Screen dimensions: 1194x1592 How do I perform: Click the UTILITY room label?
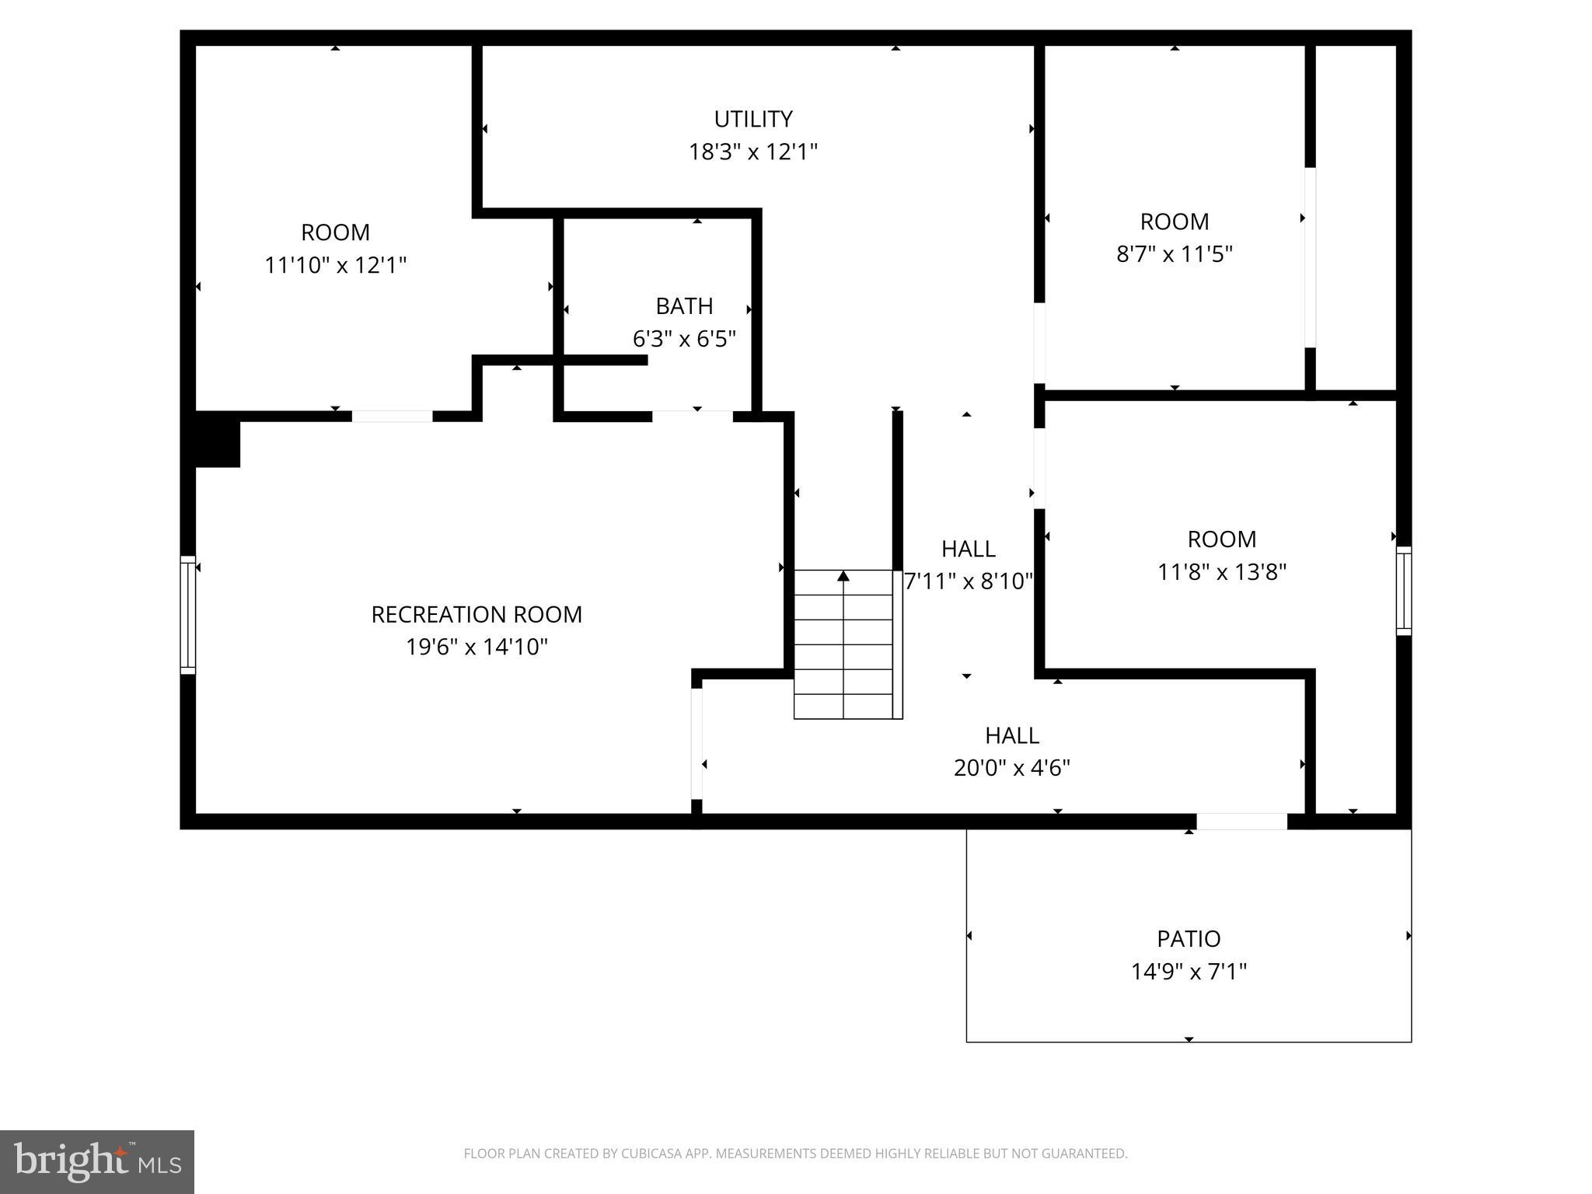click(752, 119)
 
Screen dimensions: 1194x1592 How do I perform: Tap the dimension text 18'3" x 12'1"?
click(752, 152)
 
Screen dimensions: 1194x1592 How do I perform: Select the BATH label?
click(684, 306)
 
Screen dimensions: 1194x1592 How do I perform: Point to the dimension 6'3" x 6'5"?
click(684, 339)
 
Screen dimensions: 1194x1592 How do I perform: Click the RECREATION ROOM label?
click(476, 615)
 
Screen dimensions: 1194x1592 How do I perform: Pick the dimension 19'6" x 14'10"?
click(476, 647)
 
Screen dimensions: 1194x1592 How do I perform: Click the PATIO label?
click(1188, 939)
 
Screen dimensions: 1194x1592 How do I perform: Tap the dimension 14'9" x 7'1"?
click(1188, 972)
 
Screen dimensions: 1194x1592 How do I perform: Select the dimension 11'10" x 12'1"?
click(335, 266)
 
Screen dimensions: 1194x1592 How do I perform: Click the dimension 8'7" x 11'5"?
click(1174, 254)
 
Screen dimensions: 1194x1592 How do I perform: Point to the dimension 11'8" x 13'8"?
click(1221, 572)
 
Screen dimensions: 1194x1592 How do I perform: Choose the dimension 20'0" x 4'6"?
click(1011, 768)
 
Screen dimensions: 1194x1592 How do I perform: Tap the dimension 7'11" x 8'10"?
click(968, 581)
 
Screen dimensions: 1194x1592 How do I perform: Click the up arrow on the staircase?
click(843, 576)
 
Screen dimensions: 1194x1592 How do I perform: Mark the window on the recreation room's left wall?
click(187, 614)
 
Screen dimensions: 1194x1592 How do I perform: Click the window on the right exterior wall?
click(1403, 590)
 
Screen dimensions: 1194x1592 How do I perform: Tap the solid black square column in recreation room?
click(217, 440)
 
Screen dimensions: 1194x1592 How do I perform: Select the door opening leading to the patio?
click(1241, 821)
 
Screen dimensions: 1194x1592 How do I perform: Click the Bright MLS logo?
click(96, 1161)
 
